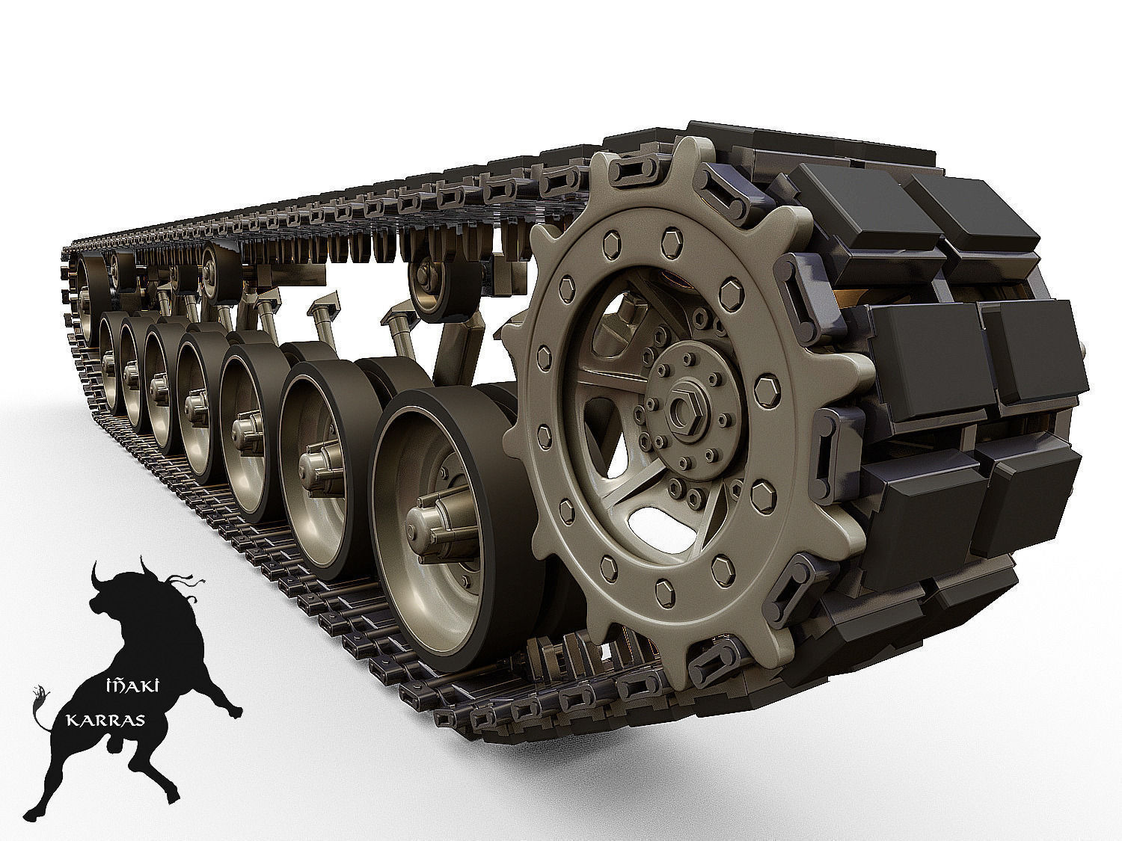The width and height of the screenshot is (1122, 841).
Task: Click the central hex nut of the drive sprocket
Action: pos(683,408)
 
